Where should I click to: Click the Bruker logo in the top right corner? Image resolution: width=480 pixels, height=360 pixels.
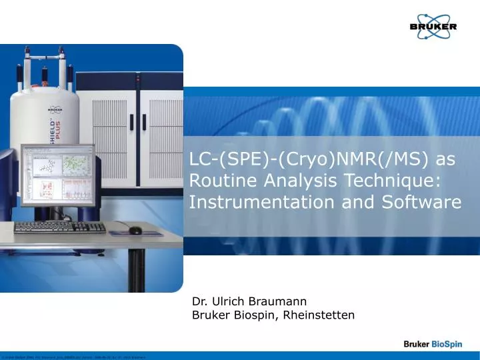pyautogui.click(x=433, y=26)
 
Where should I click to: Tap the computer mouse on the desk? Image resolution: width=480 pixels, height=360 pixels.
pyautogui.click(x=135, y=230)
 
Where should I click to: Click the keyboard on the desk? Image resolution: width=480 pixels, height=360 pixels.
pyautogui.click(x=60, y=227)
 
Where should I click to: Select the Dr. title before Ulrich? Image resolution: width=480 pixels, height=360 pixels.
pyautogui.click(x=199, y=302)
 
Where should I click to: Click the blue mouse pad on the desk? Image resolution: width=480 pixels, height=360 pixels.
pyautogui.click(x=140, y=231)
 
